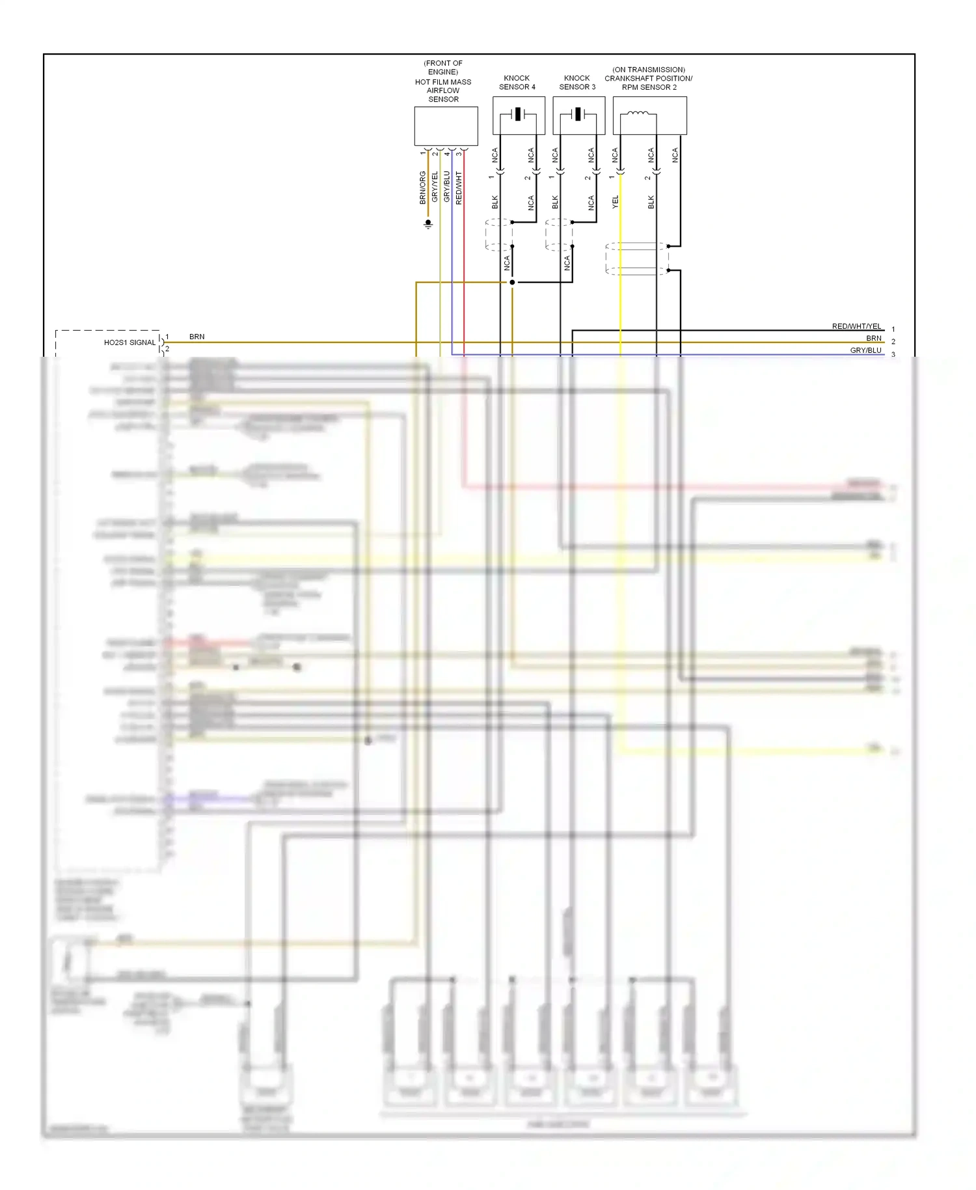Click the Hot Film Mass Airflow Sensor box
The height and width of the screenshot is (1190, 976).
[x=446, y=126]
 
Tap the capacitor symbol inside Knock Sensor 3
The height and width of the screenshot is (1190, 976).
[x=578, y=115]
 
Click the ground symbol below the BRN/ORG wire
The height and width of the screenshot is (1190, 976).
[x=428, y=224]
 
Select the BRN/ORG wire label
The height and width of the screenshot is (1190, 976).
[x=423, y=188]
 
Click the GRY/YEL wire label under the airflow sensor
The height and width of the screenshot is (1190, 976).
[x=435, y=187]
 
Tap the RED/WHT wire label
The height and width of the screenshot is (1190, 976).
[x=459, y=188]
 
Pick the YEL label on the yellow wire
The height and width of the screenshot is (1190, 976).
[x=615, y=202]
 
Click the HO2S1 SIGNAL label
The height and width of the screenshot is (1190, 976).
[x=130, y=342]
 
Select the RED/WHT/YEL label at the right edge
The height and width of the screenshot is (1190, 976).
[x=856, y=326]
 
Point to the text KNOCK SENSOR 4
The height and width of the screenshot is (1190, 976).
[x=517, y=82]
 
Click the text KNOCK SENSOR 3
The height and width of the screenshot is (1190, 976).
[x=577, y=82]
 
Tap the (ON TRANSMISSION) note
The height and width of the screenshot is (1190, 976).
[x=648, y=70]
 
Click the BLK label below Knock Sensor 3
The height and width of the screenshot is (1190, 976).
[x=555, y=202]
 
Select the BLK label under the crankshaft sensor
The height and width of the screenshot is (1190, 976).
[x=651, y=202]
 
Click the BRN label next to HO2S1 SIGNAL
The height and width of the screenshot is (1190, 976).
[x=197, y=337]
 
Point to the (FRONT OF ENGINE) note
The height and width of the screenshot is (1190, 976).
[x=443, y=68]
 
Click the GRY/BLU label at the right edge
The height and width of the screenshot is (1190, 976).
[x=865, y=350]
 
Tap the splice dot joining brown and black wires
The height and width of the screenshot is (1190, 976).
[x=512, y=282]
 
